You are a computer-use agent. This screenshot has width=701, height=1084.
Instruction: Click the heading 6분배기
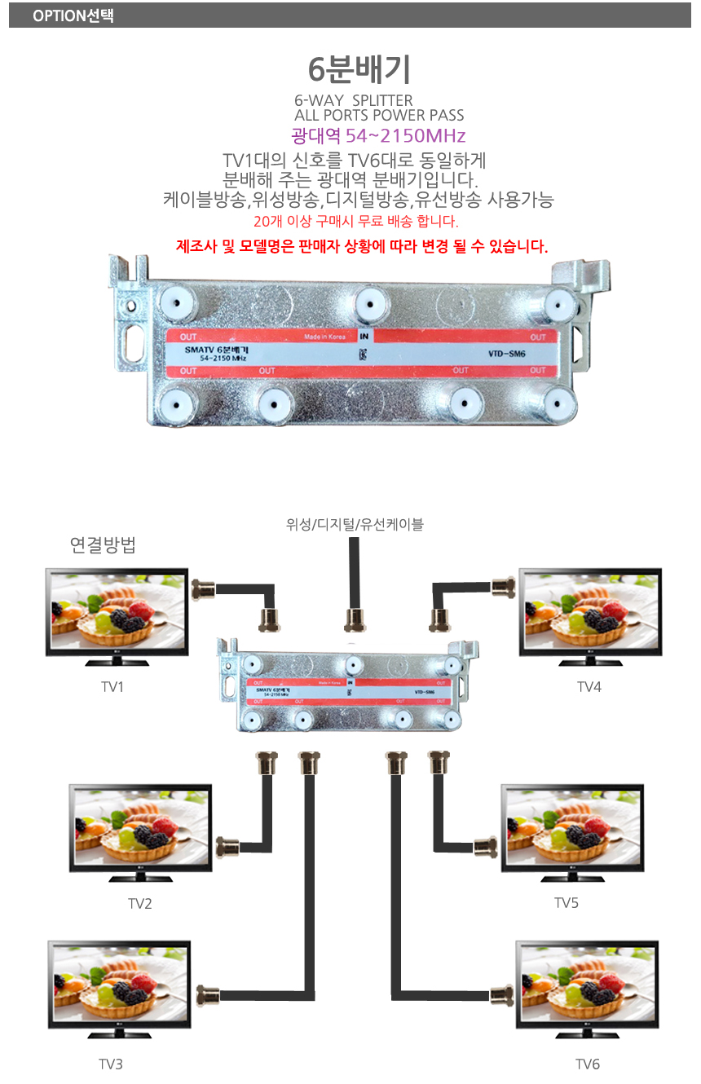(x=359, y=70)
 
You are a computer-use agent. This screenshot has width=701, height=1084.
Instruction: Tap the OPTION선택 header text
(x=73, y=15)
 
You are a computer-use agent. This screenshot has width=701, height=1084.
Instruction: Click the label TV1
(x=112, y=687)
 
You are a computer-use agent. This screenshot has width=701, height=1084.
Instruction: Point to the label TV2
(x=140, y=903)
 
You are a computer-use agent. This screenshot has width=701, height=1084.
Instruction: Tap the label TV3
(x=111, y=1064)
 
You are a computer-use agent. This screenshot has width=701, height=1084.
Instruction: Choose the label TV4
(x=589, y=687)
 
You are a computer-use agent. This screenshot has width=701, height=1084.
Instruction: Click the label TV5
(x=567, y=903)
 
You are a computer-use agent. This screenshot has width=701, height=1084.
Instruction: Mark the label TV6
(x=588, y=1064)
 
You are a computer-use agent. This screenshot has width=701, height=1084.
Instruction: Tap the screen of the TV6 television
(x=586, y=984)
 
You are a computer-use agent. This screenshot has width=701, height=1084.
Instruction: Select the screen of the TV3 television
(x=119, y=984)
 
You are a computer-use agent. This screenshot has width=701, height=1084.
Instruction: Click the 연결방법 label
(x=103, y=546)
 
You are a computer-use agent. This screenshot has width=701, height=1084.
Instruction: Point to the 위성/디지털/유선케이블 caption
(x=355, y=525)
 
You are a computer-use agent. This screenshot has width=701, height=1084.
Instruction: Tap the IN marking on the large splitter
(x=364, y=336)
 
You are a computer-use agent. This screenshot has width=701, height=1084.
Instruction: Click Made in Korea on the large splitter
(x=324, y=336)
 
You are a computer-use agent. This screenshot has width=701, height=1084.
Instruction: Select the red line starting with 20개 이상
(x=356, y=222)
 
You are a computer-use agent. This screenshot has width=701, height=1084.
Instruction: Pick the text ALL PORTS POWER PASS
(x=379, y=116)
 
